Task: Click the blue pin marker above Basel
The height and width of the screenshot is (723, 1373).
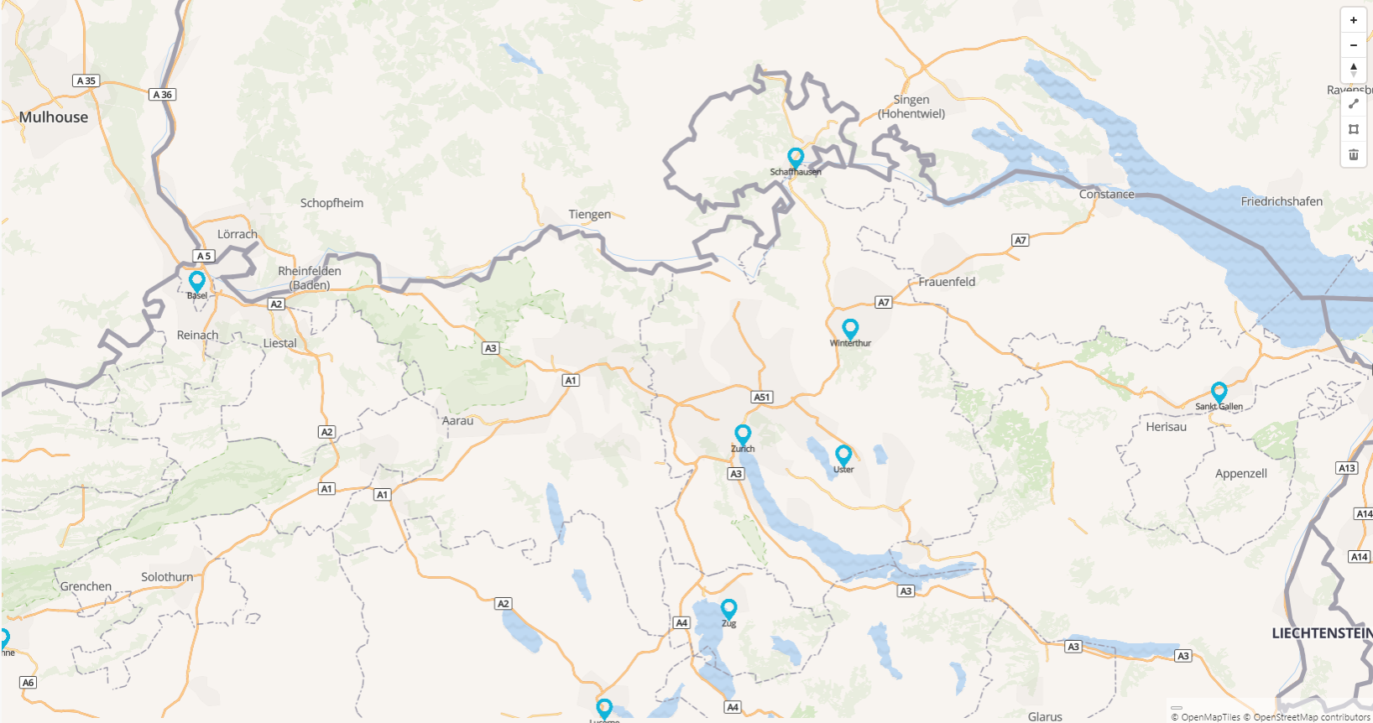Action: [197, 280]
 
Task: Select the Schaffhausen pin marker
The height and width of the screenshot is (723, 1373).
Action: [796, 157]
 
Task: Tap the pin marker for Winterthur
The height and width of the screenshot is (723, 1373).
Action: [850, 328]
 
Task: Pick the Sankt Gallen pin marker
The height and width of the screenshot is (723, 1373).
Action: [1219, 391]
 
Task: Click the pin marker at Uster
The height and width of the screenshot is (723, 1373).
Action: [843, 455]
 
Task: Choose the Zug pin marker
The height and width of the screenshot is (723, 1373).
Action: [728, 608]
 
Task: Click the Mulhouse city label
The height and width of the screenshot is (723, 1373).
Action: [54, 117]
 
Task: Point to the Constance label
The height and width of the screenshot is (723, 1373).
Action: [1106, 195]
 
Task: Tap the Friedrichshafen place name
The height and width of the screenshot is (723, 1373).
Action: [1282, 201]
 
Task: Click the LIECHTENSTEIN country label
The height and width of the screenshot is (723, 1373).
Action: [1321, 633]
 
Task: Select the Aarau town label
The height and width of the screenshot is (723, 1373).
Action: [457, 421]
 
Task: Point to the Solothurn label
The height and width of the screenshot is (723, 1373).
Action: [167, 577]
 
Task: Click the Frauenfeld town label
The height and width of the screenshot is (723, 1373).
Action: [947, 282]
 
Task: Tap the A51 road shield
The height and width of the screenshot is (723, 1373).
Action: [761, 397]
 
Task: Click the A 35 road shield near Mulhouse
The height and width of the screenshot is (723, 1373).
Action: [86, 81]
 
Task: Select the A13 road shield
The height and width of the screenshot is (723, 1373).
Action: [1347, 468]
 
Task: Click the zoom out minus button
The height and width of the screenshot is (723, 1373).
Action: [1354, 45]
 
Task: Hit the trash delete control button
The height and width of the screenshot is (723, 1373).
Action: [1354, 154]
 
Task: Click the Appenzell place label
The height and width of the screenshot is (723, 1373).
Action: [1241, 474]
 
